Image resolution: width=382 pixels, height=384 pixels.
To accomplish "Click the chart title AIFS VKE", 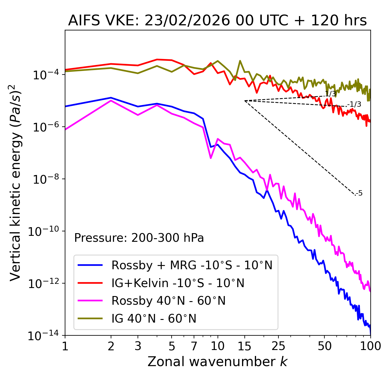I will tap(217, 21).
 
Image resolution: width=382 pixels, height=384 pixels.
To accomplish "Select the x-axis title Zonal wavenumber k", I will tap(217, 362).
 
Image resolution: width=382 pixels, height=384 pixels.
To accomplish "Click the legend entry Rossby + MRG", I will tap(192, 265).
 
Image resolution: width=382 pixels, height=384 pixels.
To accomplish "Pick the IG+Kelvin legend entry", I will tap(178, 283).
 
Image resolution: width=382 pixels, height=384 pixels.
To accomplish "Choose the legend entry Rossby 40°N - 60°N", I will tap(168, 301).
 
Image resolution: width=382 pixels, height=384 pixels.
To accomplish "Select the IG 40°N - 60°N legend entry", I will tap(154, 319).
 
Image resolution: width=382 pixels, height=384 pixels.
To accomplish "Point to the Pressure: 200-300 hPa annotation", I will tap(139, 238).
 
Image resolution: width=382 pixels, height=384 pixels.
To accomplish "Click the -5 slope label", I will tap(359, 193).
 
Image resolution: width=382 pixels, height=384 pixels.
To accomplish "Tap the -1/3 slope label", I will tap(354, 104).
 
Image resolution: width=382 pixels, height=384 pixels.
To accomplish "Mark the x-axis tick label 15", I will tap(244, 346).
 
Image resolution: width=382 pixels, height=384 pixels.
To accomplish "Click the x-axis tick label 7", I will tap(194, 346).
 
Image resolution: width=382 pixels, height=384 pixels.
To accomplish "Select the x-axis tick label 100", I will tap(370, 346).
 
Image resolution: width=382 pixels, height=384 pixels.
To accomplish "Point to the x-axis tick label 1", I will tap(65, 346).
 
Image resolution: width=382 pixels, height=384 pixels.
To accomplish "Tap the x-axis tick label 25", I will tap(278, 346).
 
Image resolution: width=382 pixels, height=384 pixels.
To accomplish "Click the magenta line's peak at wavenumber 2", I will tap(111, 100).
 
